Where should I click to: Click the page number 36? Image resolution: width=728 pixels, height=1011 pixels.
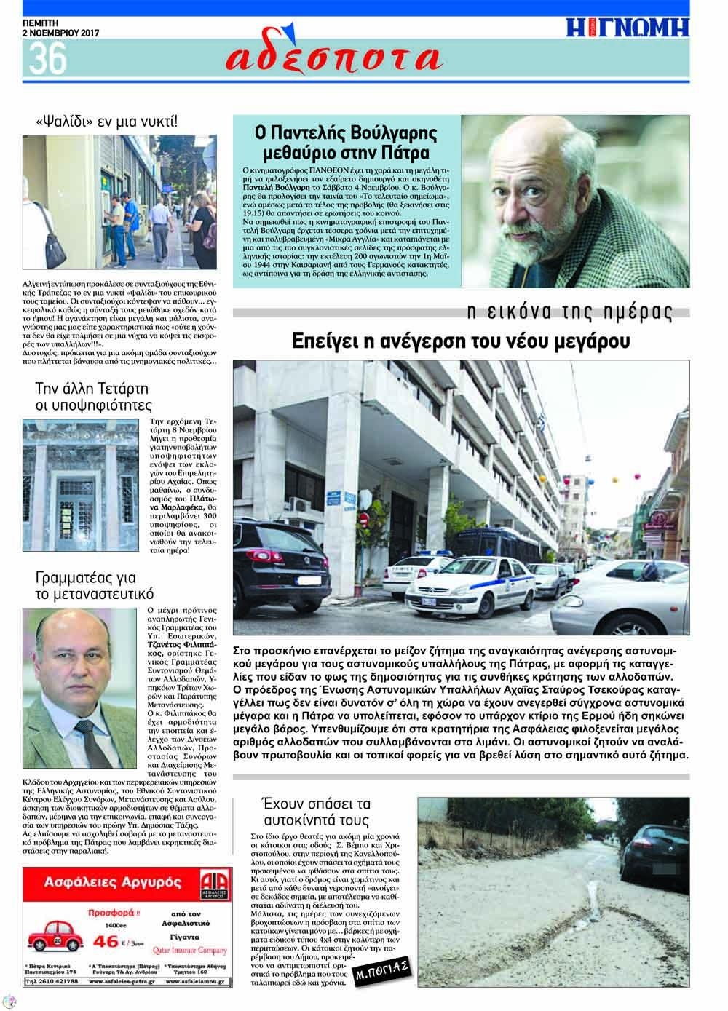tap(44, 58)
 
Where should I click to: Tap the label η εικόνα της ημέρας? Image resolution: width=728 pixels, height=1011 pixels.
tap(568, 313)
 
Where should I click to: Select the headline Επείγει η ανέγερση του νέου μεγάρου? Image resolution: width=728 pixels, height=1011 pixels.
tap(461, 341)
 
